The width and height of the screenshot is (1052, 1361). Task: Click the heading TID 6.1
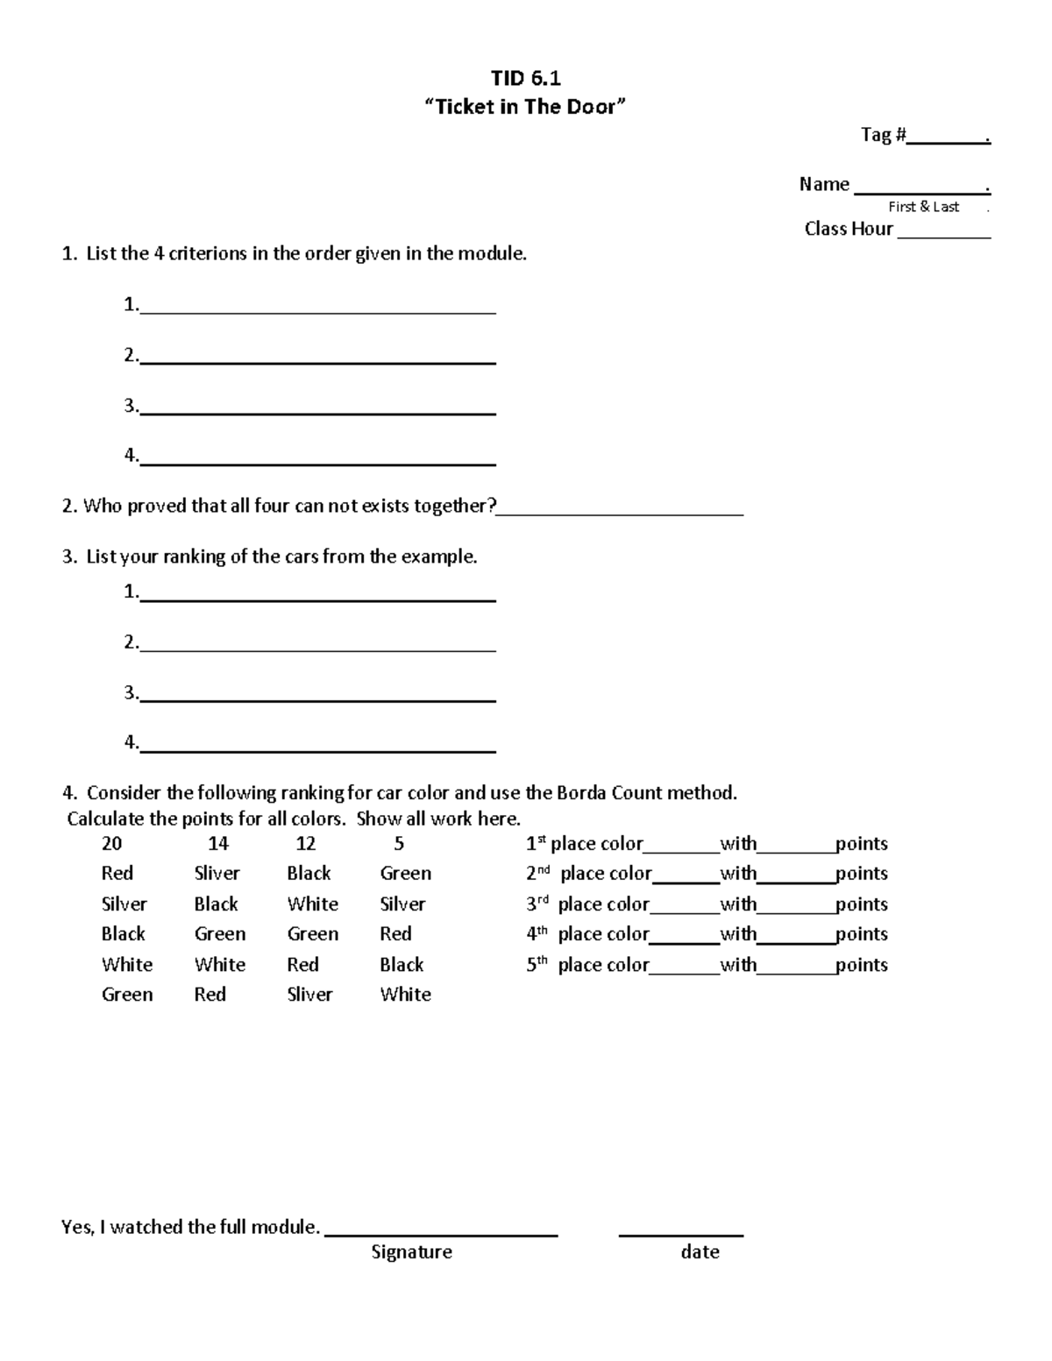tap(525, 78)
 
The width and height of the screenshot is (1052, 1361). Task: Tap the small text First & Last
tap(923, 207)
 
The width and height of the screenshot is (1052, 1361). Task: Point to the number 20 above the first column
tap(111, 843)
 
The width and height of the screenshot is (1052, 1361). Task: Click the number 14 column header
tap(217, 843)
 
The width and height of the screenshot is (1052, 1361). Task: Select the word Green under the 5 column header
tap(405, 873)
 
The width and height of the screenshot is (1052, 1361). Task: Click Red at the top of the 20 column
tap(117, 873)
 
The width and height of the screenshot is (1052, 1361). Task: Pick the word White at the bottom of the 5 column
tap(405, 994)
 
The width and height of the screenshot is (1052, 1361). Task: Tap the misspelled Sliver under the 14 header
tap(217, 873)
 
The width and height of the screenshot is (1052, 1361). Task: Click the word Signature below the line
tap(411, 1251)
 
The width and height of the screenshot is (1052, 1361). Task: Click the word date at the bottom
tap(700, 1251)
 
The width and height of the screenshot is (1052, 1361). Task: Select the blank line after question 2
tap(620, 513)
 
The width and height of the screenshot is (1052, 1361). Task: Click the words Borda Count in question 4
tap(609, 792)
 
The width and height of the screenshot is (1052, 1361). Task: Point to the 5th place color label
tap(587, 964)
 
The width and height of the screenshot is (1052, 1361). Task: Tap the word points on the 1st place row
tap(861, 843)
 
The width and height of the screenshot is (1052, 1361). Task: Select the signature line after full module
tap(441, 1233)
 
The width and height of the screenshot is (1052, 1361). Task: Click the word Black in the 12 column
tap(309, 873)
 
